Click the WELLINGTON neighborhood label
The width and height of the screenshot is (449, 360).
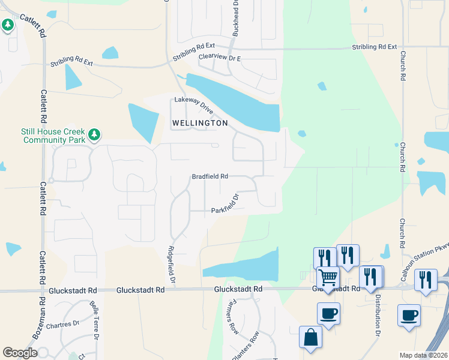tap(200, 123)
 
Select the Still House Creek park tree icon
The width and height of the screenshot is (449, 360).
tap(94, 134)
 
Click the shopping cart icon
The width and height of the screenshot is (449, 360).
tap(328, 278)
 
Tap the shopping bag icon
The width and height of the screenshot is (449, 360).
tap(311, 337)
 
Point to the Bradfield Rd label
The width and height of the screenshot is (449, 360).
tap(209, 177)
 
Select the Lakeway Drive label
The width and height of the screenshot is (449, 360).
tap(194, 106)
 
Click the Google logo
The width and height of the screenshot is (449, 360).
tap(20, 353)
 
